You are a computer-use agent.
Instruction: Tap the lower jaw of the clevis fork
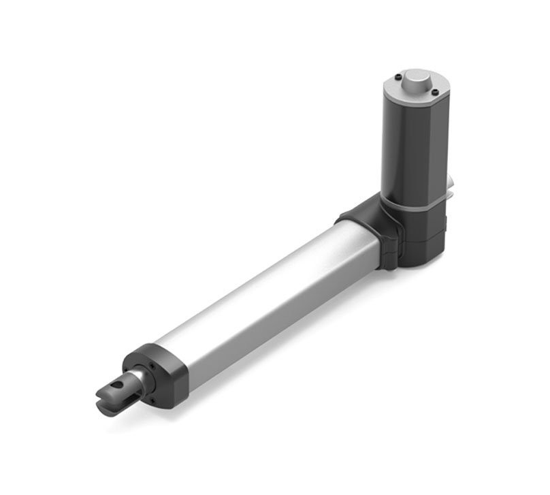(109, 409)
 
